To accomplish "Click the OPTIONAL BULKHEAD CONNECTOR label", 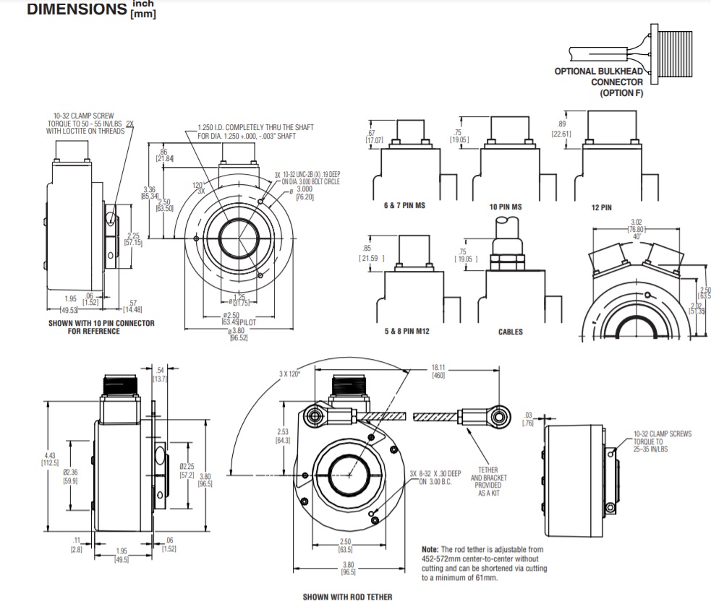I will coord(597,82).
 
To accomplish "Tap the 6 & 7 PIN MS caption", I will coord(404,206).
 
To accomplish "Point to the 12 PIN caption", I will coord(601,207).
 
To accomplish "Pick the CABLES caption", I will coord(510,332).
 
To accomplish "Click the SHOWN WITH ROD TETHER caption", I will coord(347,597).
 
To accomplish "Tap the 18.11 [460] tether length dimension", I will coord(438,371).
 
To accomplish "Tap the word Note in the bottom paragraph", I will coord(432,549).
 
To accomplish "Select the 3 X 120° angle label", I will coord(291,373).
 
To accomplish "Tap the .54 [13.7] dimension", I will coord(159,374).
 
